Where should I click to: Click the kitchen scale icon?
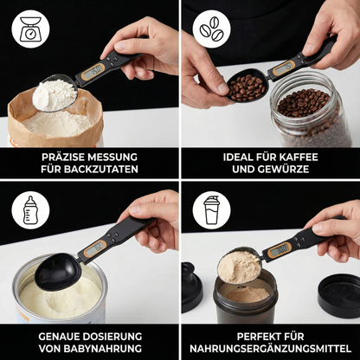coord(30,29)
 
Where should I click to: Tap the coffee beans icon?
coord(212,29)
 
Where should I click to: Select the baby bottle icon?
coord(30,210)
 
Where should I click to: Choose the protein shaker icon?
coord(212,210)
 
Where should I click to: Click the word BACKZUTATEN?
coord(101,169)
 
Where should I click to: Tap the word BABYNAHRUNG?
coord(102,349)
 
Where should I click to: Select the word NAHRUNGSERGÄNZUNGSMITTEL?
coord(271,349)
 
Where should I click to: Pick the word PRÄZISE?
coord(63,157)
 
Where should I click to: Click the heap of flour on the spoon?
coord(55,94)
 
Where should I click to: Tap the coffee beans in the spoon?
coord(247,87)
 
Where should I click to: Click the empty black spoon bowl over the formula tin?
coord(58,272)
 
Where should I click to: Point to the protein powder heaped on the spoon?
coord(239,267)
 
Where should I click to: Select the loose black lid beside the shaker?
coord(339,296)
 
